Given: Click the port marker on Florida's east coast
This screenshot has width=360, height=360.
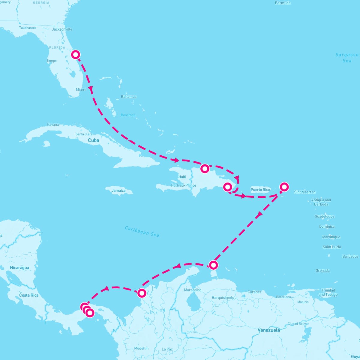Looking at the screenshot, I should tap(76, 55).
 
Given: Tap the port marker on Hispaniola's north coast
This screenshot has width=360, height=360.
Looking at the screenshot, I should tap(205, 169).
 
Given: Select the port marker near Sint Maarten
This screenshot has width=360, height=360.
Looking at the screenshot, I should tap(284, 187).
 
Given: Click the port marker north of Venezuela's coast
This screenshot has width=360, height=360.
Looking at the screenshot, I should tap(213, 265).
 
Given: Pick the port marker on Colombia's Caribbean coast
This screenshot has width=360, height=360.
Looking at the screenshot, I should tap(142, 293).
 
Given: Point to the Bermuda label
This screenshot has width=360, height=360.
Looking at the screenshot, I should tap(283, 3).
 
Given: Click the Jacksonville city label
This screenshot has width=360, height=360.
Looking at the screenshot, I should tap(62, 29).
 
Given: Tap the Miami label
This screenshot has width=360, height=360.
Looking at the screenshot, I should tap(81, 90).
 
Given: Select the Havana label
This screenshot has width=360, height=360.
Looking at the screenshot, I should tap(53, 125).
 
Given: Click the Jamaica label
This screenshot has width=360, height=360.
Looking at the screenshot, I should tap(118, 191).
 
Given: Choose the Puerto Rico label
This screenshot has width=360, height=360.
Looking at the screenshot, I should tap(260, 190).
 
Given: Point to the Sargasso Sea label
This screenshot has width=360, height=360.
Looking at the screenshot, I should tap(347, 58).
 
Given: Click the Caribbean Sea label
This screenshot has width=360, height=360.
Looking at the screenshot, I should tap(142, 231).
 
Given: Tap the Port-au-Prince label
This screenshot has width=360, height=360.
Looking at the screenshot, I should tap(183, 185).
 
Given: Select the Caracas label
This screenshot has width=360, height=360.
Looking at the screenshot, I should tap(254, 292).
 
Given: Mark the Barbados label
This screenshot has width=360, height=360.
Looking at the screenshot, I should tap(350, 256).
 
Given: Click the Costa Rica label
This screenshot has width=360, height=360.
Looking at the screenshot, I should tap(29, 295).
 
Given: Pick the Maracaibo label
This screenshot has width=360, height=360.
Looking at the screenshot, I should tap(193, 290).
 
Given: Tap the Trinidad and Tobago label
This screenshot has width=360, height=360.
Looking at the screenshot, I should tap(328, 292).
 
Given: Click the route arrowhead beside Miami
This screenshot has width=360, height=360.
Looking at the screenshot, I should tap(91, 89).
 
